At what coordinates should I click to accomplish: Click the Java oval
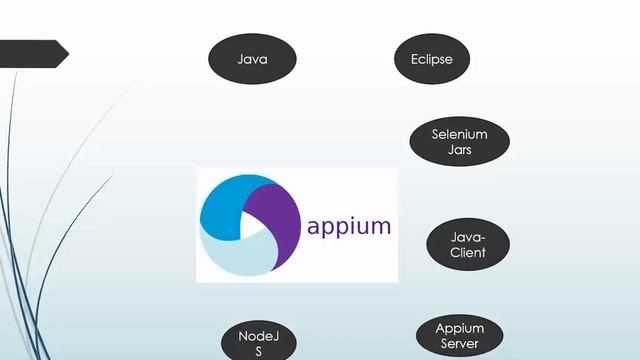(x=252, y=59)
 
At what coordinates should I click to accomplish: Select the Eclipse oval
(x=432, y=59)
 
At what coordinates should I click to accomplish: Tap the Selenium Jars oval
(x=460, y=141)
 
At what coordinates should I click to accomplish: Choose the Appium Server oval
(x=460, y=336)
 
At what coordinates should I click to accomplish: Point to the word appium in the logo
(x=349, y=225)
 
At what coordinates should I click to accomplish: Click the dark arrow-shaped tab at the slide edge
(x=34, y=54)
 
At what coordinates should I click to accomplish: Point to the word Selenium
(x=460, y=134)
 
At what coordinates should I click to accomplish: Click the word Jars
(x=460, y=149)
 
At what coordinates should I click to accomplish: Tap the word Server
(x=460, y=344)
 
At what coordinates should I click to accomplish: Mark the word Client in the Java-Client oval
(x=468, y=253)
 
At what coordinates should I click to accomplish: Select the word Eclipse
(x=432, y=59)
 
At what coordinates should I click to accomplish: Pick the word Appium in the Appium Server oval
(x=460, y=328)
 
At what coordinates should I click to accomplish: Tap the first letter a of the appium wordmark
(x=314, y=226)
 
